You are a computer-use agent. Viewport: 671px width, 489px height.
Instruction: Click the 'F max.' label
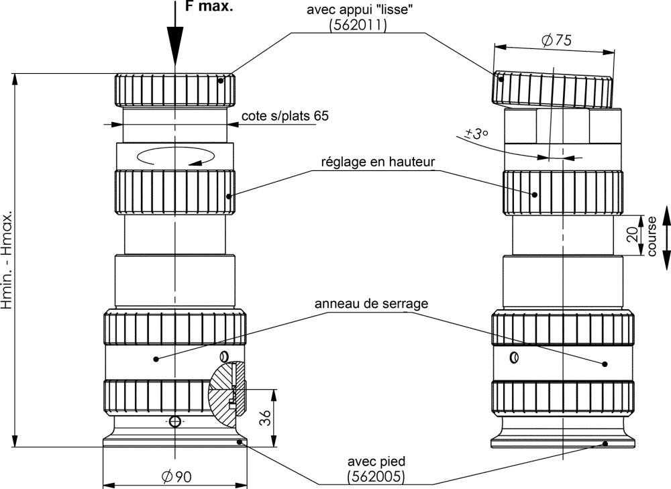(x=209, y=6)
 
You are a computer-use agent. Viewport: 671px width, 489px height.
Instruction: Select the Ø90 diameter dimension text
(x=176, y=476)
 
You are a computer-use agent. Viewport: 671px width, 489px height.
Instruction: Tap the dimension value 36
(x=266, y=417)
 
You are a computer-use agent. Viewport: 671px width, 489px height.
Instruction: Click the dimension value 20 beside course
(x=633, y=235)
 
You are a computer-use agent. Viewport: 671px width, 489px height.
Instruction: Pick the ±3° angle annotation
(x=476, y=133)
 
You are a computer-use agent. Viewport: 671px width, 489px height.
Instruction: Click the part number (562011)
(x=358, y=25)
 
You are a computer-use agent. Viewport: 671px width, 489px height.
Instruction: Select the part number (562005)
(x=376, y=476)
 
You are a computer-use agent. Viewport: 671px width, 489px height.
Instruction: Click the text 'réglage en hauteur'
(x=378, y=162)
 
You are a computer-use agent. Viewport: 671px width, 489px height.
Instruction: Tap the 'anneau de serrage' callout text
(x=371, y=303)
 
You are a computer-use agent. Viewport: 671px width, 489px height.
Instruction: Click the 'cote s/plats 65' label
(x=285, y=116)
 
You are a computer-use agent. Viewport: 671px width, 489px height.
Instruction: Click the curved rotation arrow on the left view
(x=175, y=156)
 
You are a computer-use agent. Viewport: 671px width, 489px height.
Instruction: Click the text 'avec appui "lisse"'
(x=360, y=10)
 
